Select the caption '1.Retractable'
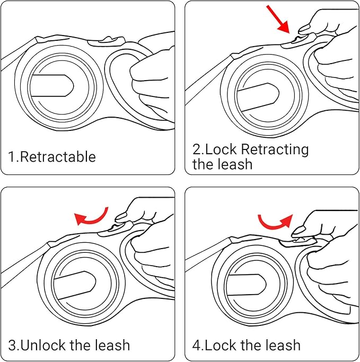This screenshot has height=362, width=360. pyautogui.click(x=51, y=157)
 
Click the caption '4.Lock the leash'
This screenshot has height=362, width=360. pyautogui.click(x=246, y=346)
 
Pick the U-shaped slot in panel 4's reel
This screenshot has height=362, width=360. pyautogui.click(x=247, y=283)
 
